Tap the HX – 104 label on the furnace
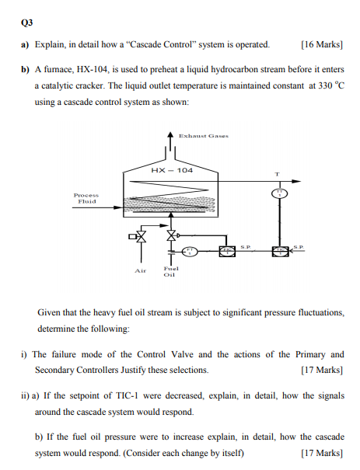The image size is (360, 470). [x=174, y=169]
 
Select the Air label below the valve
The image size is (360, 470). [x=140, y=271]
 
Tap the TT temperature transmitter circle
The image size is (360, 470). [x=278, y=192]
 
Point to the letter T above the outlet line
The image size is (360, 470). [x=277, y=172]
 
